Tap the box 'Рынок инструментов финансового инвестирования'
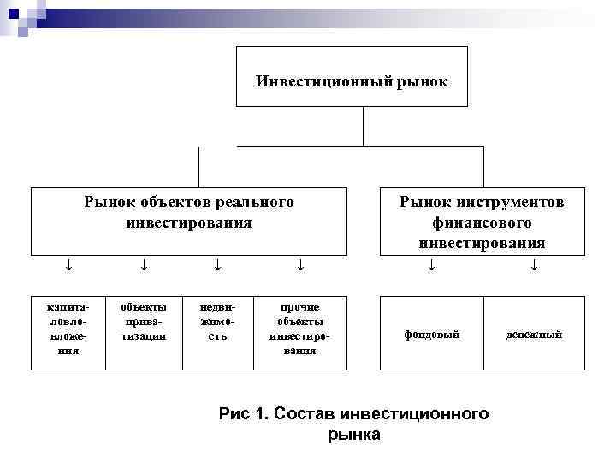482,222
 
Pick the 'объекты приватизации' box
143,333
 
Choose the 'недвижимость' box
216,333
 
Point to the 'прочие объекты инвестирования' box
299,333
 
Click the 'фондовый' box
431,334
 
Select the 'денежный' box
534,334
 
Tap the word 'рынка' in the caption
354,435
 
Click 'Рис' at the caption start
234,414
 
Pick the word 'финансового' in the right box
482,222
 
